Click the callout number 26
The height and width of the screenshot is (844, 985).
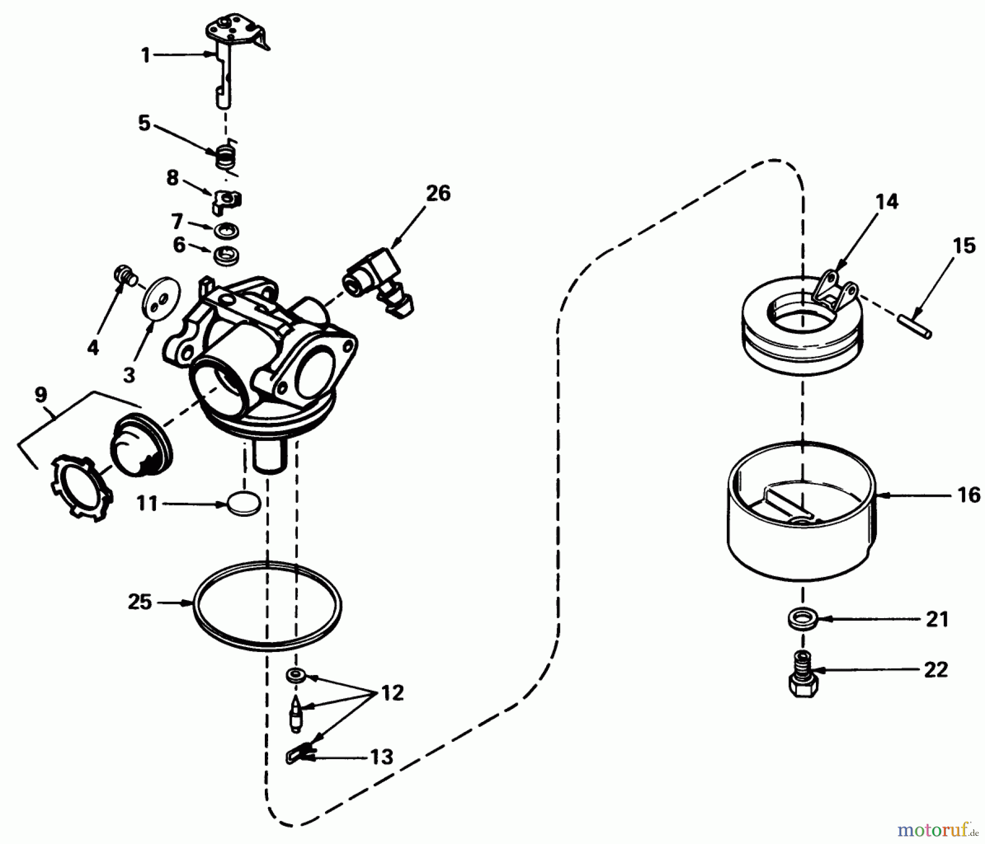click(438, 193)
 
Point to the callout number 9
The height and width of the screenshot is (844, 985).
click(41, 394)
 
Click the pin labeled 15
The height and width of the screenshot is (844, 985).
click(916, 327)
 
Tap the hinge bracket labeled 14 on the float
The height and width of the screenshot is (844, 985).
click(834, 289)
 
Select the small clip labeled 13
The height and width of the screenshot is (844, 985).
click(298, 755)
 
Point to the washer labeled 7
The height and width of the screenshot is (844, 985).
click(227, 230)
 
